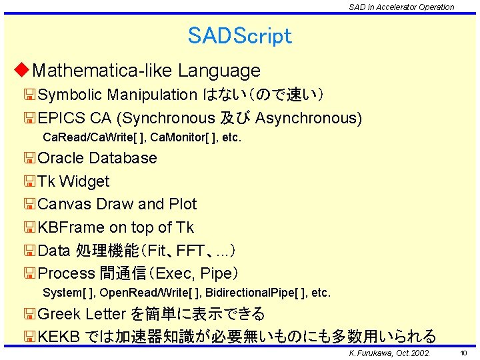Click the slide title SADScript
240,35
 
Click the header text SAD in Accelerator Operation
401,7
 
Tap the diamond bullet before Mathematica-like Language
22,70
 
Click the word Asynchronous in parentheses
307,119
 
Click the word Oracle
61,159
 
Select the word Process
67,273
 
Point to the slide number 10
464,353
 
